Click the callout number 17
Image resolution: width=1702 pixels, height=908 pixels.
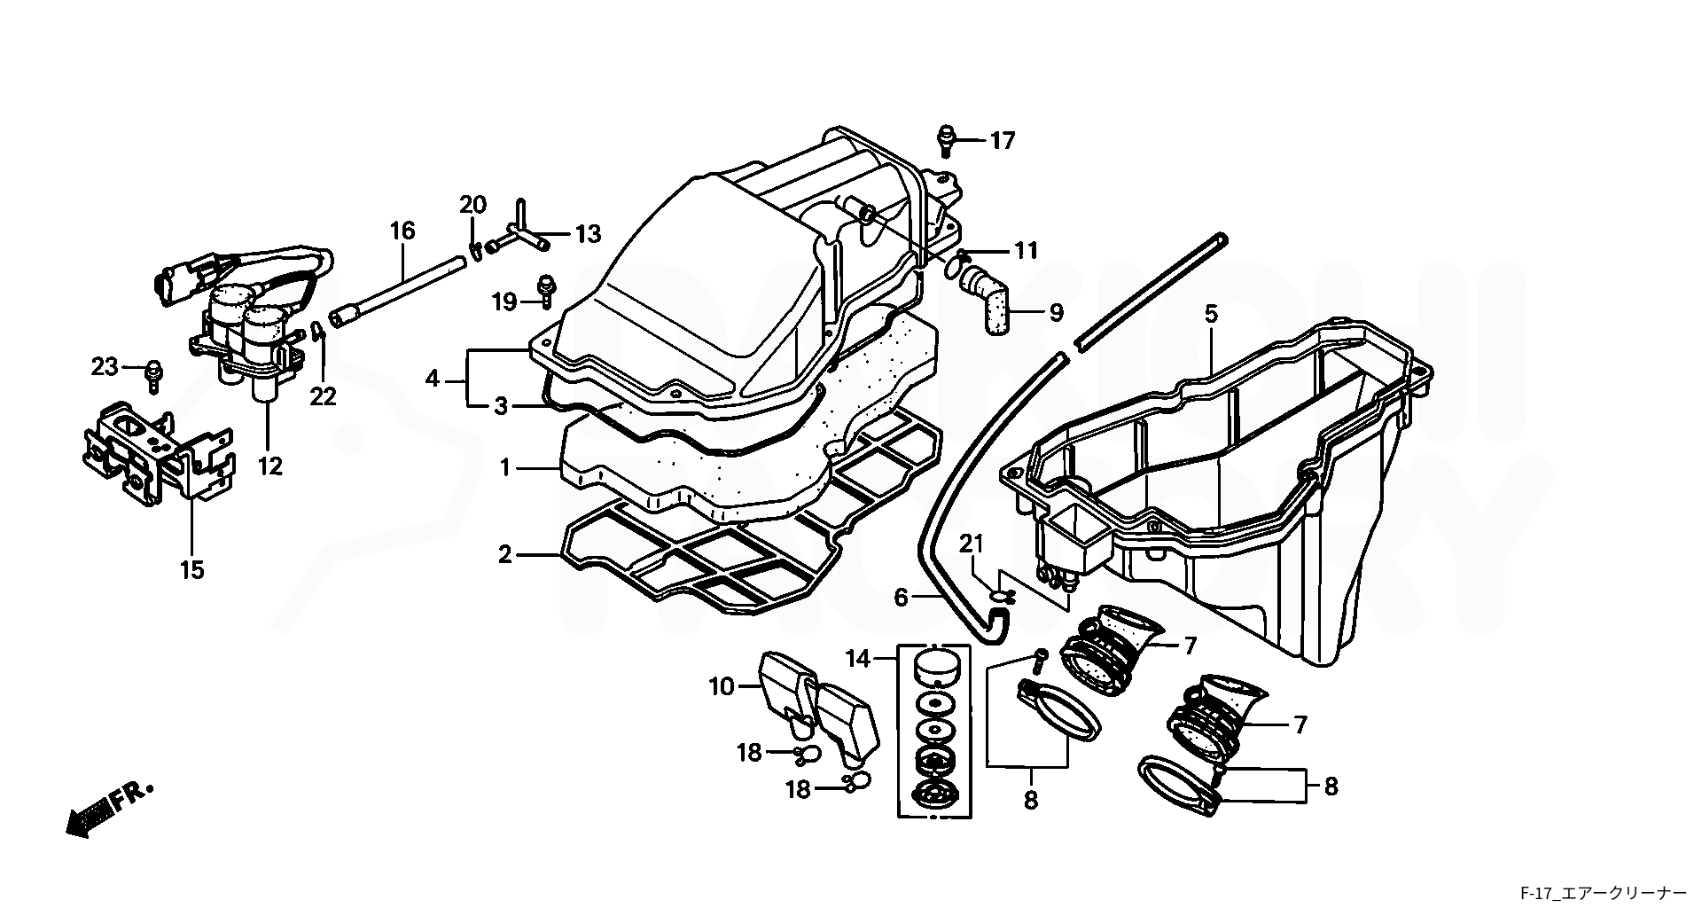pyautogui.click(x=1003, y=141)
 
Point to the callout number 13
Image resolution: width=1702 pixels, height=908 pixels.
pyautogui.click(x=588, y=234)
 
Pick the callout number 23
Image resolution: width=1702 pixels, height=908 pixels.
pyautogui.click(x=105, y=366)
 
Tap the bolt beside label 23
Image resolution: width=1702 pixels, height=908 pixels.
pyautogui.click(x=153, y=374)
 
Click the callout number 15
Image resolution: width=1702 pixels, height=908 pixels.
pyautogui.click(x=192, y=570)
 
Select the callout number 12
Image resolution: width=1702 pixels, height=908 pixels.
pyautogui.click(x=269, y=466)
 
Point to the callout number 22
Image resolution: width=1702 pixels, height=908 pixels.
pyautogui.click(x=324, y=396)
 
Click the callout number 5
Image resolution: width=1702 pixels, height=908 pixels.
pyautogui.click(x=1211, y=313)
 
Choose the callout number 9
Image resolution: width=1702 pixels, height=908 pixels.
pyautogui.click(x=1056, y=313)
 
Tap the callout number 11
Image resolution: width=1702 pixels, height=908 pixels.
pyautogui.click(x=1026, y=251)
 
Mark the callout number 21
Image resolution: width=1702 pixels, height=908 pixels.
pyautogui.click(x=972, y=544)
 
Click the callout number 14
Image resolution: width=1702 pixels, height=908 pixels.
pyautogui.click(x=858, y=659)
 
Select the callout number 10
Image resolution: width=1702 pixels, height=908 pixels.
pyautogui.click(x=722, y=686)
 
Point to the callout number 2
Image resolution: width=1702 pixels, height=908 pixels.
pyautogui.click(x=504, y=555)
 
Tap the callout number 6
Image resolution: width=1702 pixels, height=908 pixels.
pyautogui.click(x=901, y=598)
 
